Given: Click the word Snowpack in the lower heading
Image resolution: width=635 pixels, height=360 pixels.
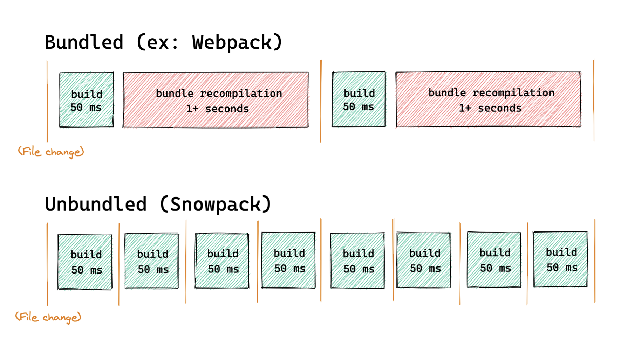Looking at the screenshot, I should pos(215,205).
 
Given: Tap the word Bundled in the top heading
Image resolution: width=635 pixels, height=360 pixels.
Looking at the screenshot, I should pos(84,42).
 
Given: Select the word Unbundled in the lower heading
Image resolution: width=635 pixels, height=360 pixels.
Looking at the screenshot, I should pos(96,205).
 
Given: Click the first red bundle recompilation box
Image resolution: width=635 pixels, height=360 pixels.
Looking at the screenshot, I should pos(216,100).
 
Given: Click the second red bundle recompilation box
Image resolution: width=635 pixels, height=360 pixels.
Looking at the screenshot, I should pos(488,99).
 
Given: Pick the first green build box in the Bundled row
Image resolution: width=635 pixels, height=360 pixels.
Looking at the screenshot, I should pos(87,100).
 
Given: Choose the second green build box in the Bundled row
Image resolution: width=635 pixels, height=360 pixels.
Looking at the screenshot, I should pos(359,99).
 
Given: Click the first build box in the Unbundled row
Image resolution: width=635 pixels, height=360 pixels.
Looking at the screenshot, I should pos(85,262).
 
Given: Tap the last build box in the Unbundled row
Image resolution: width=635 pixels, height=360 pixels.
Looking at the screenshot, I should pos(560,259).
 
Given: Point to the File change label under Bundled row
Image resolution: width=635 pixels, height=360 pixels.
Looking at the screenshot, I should pos(51,152).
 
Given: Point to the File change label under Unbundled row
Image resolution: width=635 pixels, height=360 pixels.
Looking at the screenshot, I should pos(48,317).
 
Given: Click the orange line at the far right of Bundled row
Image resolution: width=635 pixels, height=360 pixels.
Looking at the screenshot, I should pos(593,100).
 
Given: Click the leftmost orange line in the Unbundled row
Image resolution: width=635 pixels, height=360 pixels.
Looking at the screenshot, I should pos(47,264).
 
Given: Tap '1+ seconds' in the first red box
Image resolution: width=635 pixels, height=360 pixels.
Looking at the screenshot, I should pos(218,109).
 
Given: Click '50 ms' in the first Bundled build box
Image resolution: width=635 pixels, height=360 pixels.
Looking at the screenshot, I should pos(86,108).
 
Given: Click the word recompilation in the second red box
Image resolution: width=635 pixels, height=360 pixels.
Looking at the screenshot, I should pos(513,93).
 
